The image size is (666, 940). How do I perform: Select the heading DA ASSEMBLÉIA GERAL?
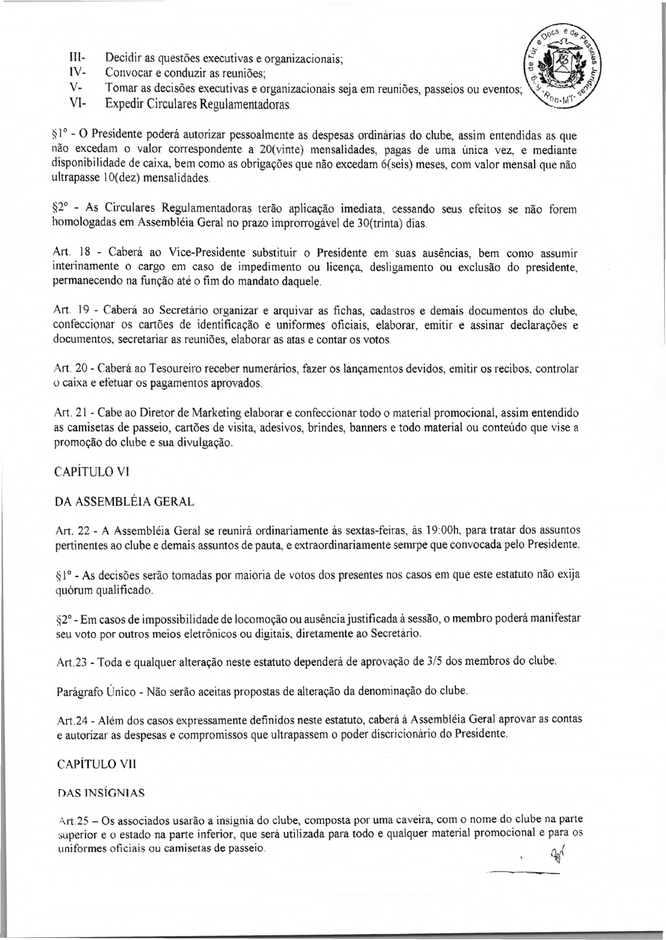tap(124, 502)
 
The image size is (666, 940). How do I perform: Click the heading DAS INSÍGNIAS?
tap(100, 794)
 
